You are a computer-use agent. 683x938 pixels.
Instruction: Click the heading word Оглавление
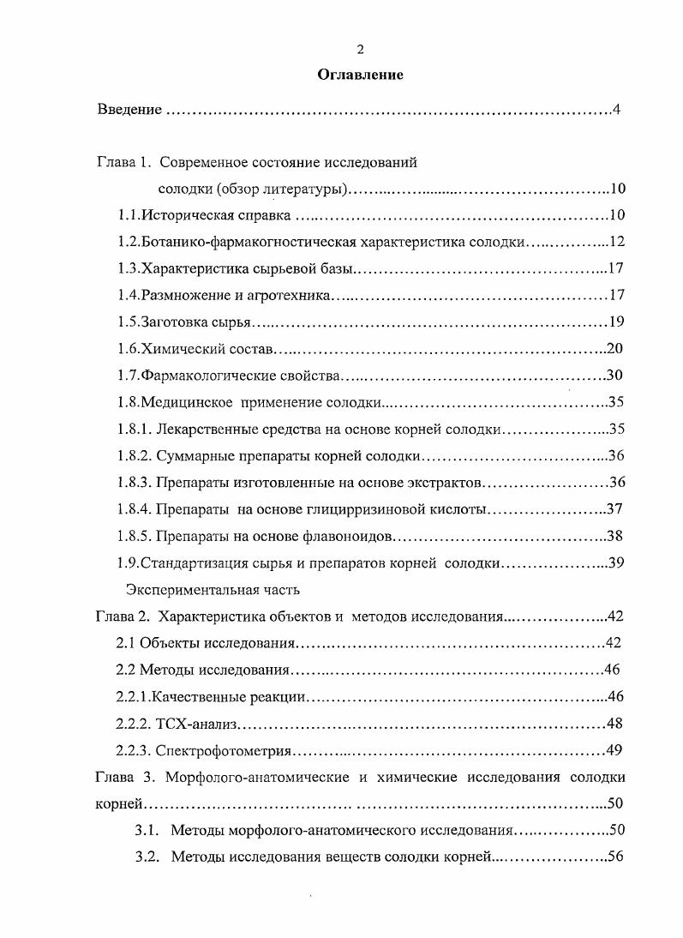(x=360, y=75)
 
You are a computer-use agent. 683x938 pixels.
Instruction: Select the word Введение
(x=129, y=110)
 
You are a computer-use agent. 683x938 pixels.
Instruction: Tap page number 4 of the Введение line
(x=615, y=110)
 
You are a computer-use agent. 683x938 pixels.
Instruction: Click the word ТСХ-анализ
(x=195, y=725)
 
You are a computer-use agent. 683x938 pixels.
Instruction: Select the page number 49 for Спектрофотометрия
(x=614, y=751)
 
